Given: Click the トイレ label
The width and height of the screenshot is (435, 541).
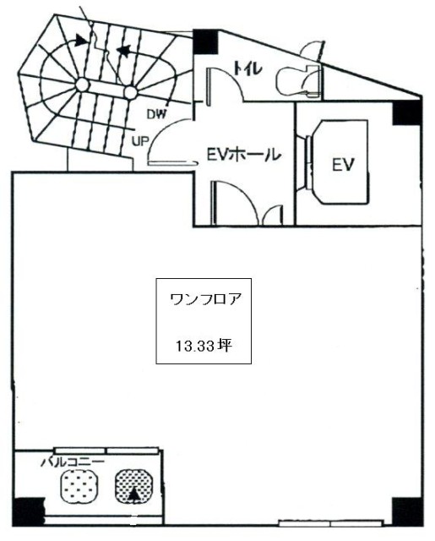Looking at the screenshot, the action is [x=247, y=69].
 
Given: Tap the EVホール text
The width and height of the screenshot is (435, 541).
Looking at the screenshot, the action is [x=242, y=154].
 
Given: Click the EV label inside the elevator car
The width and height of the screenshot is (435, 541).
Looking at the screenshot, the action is [x=343, y=165].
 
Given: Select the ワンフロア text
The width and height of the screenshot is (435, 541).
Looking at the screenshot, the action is [x=204, y=299].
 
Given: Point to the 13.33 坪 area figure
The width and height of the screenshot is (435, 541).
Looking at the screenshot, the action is [x=204, y=346].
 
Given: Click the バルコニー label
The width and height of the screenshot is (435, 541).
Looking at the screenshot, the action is [x=73, y=462].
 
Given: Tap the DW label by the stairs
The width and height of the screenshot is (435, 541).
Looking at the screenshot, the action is [x=156, y=114].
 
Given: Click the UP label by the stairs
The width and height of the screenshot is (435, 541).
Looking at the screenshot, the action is [x=139, y=141].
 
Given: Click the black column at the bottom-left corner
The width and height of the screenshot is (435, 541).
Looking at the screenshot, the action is [x=28, y=512].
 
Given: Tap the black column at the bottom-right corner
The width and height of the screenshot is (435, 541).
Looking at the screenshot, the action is [x=407, y=511].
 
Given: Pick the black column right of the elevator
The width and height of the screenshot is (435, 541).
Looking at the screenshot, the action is [x=408, y=111].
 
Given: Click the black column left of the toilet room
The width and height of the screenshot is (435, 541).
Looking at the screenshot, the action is [x=205, y=41].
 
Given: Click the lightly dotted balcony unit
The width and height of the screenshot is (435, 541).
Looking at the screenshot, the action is [x=79, y=486].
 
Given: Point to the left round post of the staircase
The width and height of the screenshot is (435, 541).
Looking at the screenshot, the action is [x=82, y=85].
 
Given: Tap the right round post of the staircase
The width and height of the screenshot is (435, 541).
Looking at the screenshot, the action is [x=130, y=92].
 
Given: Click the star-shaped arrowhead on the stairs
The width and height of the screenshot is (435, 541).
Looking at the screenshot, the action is [x=124, y=51].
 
